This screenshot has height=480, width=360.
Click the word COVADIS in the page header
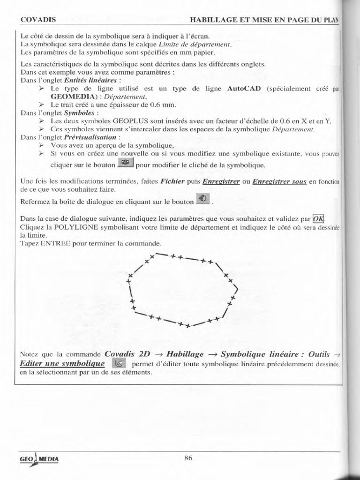click(38, 20)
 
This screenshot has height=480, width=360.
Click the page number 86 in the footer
click(188, 458)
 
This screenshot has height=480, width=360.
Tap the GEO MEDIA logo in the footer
click(39, 460)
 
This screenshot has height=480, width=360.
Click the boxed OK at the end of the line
click(318, 219)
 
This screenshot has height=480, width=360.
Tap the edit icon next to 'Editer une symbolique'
click(119, 363)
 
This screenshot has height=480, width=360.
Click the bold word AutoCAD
click(243, 89)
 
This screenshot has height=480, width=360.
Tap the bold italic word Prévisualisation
click(90, 137)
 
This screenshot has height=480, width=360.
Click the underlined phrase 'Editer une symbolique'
click(62, 363)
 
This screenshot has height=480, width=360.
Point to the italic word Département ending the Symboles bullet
click(293, 129)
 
